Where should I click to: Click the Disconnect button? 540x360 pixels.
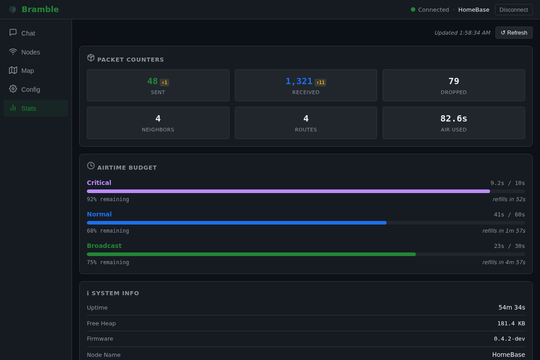click(x=513, y=9)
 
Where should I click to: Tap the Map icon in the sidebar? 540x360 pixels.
click(x=13, y=70)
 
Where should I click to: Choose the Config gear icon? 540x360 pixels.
click(x=13, y=89)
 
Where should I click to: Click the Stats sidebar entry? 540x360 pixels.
click(x=36, y=108)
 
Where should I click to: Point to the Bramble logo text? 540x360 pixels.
click(x=40, y=9)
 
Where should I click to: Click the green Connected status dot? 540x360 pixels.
click(x=413, y=9)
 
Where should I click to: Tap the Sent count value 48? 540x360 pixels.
click(x=153, y=81)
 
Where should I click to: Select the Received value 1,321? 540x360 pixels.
click(x=299, y=81)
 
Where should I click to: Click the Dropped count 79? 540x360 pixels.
click(x=454, y=81)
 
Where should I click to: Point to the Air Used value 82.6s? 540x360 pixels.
click(x=454, y=119)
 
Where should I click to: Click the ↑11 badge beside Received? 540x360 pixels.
click(x=320, y=82)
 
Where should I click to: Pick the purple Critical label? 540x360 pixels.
click(x=99, y=183)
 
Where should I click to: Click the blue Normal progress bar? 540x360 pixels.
click(x=237, y=223)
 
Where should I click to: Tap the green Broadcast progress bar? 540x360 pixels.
click(x=251, y=254)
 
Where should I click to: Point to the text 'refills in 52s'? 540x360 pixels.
click(x=509, y=199)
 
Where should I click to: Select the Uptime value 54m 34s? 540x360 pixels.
click(x=512, y=307)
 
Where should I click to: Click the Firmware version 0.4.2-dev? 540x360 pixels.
click(x=509, y=339)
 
